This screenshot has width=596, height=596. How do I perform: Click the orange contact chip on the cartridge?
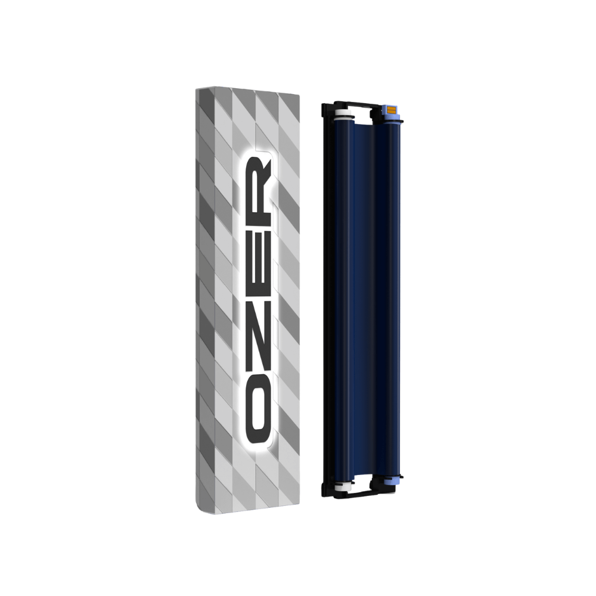pyautogui.click(x=391, y=110)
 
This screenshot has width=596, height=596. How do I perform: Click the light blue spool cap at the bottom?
pyautogui.click(x=390, y=482)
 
